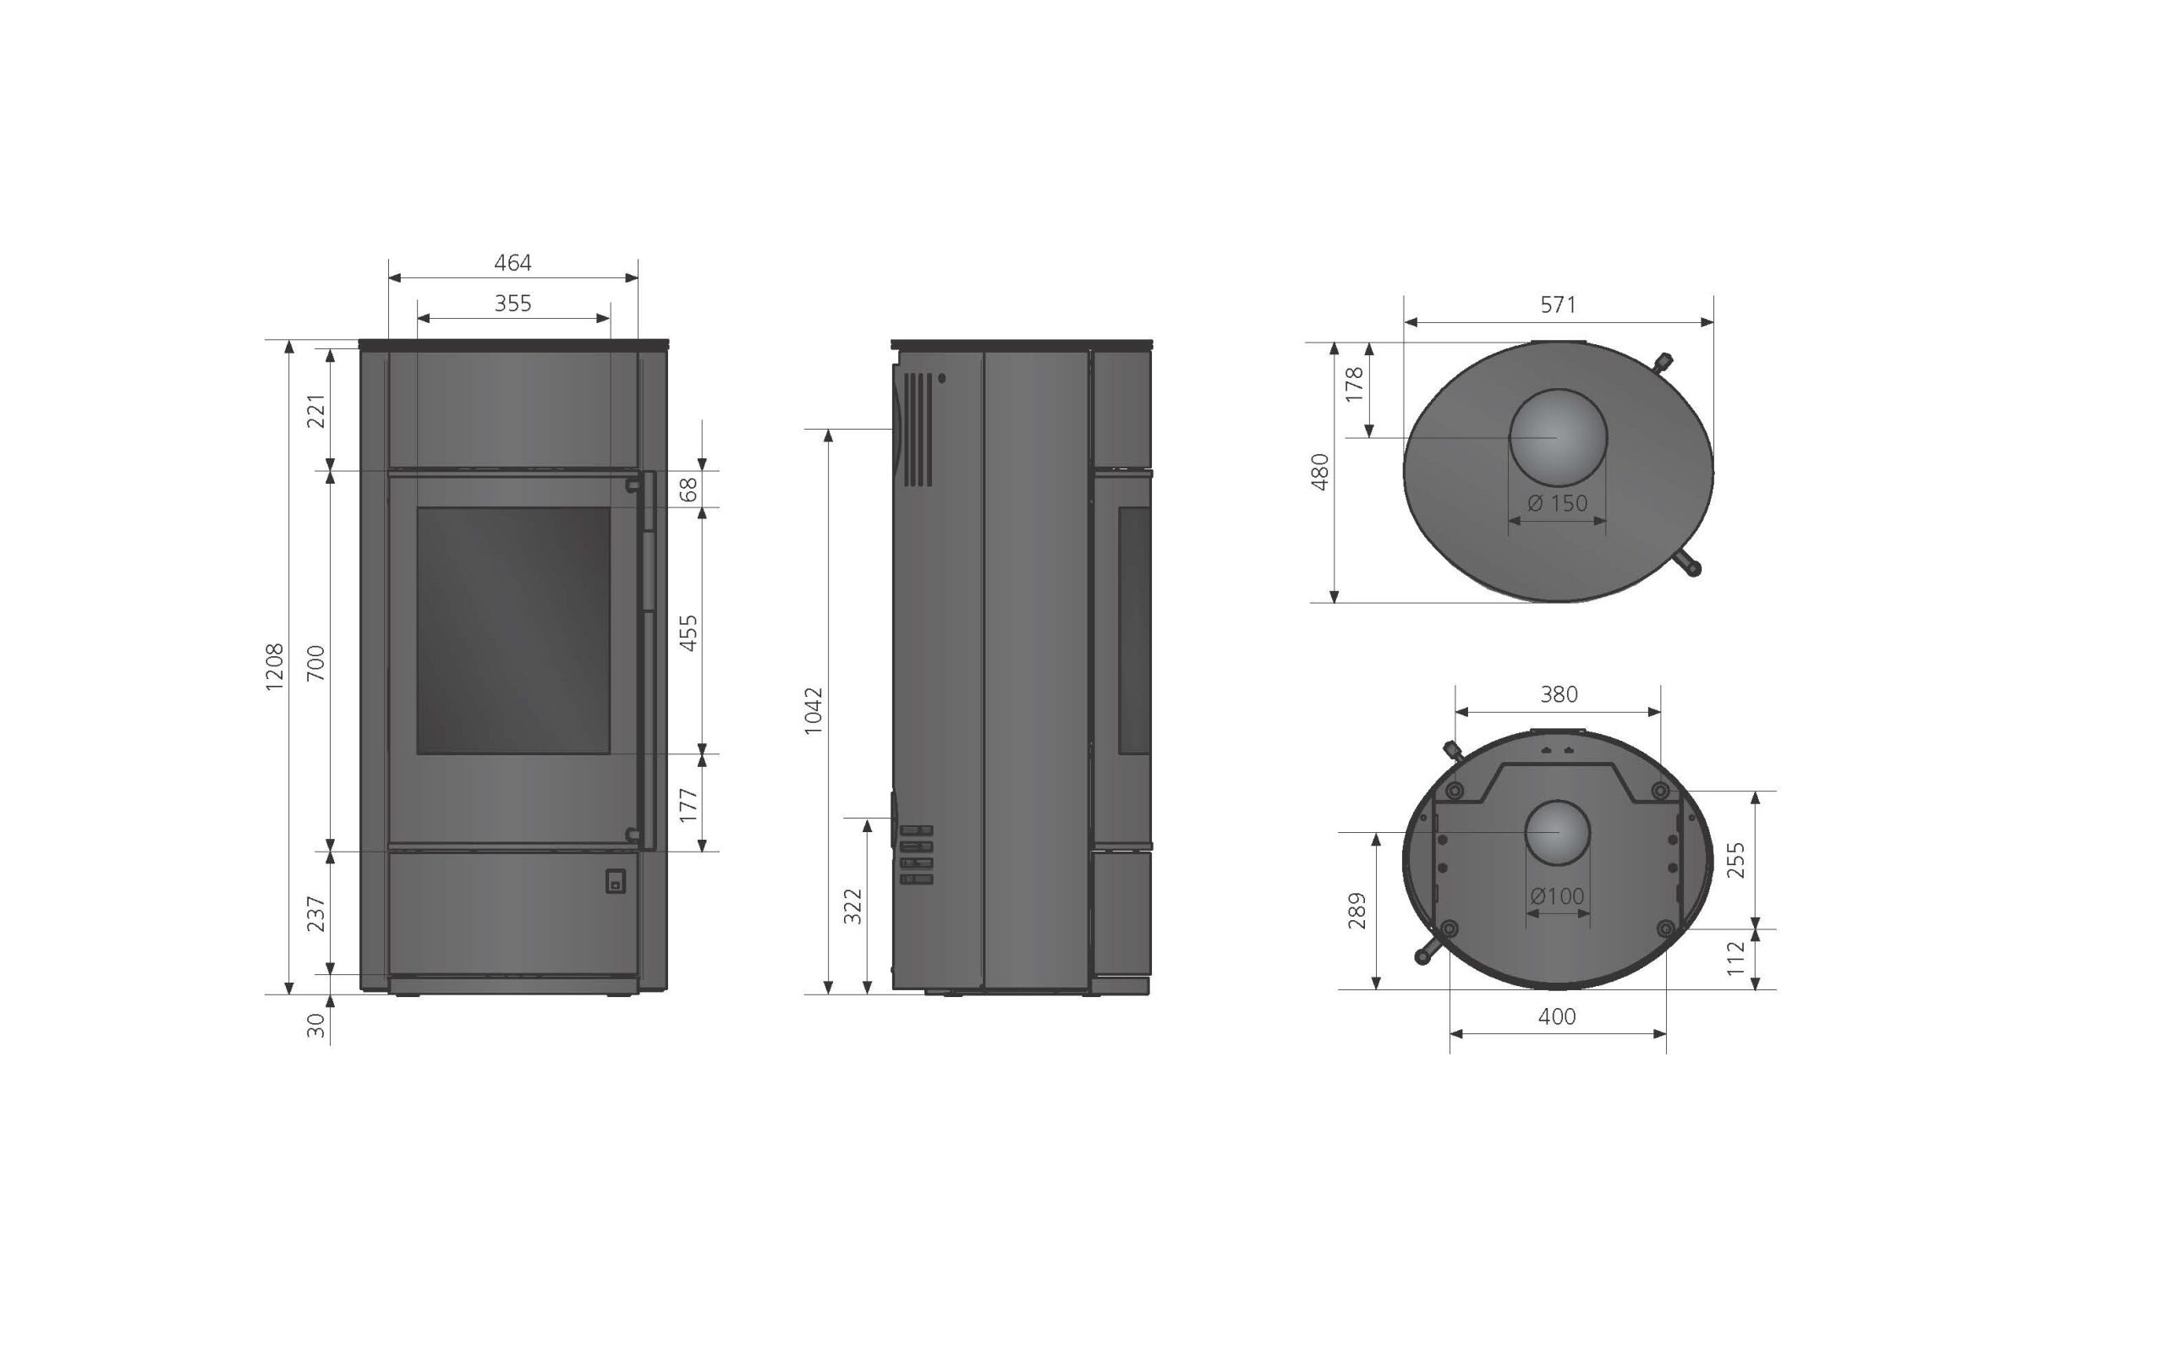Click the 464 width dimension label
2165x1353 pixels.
(512, 263)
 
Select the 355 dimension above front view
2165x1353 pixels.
(512, 304)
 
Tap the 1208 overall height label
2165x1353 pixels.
(275, 666)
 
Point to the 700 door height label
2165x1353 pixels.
(316, 663)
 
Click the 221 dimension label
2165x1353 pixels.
(316, 411)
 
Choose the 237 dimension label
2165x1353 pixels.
(316, 913)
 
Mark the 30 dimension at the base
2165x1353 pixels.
(316, 1026)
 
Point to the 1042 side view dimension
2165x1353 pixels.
(814, 710)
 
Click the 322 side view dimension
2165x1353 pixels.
(853, 907)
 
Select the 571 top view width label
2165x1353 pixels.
(1558, 305)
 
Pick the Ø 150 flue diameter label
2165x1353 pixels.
(1558, 503)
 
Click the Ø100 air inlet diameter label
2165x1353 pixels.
(1557, 896)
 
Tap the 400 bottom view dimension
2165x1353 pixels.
(1557, 1016)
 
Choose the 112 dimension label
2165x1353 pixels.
(1735, 958)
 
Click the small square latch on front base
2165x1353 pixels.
(615, 881)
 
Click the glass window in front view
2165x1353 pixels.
(513, 630)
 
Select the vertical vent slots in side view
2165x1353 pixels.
(917, 430)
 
